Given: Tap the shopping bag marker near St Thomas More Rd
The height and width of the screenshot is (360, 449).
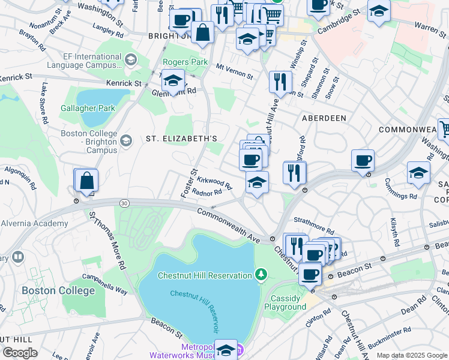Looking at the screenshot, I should [x=86, y=181].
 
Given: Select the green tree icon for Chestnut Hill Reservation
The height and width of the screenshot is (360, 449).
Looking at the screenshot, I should [x=261, y=275].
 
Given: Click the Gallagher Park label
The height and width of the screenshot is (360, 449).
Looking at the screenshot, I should [x=88, y=109].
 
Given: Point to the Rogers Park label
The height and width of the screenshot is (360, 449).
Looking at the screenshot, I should [x=185, y=62].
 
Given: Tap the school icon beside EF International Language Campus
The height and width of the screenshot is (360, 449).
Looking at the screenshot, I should [x=131, y=59].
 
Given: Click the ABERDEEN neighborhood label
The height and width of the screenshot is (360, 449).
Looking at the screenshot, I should [x=324, y=118].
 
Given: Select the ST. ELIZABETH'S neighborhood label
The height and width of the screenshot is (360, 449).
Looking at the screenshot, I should [x=181, y=139].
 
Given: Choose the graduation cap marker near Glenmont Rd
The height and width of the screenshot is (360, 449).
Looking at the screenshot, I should [x=173, y=80].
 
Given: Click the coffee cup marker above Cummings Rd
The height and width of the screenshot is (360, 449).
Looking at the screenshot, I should [x=363, y=161].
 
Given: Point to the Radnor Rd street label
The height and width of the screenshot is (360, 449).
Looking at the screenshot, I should [x=207, y=193].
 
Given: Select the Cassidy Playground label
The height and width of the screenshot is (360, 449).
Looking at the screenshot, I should [x=285, y=302].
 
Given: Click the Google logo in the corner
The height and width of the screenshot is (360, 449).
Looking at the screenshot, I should [x=20, y=353].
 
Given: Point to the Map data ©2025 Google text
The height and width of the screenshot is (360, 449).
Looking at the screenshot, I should [x=411, y=355].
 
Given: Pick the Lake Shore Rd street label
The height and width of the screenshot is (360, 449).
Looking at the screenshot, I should [x=44, y=104].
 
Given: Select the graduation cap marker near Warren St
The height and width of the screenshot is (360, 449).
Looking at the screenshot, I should [x=379, y=11].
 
